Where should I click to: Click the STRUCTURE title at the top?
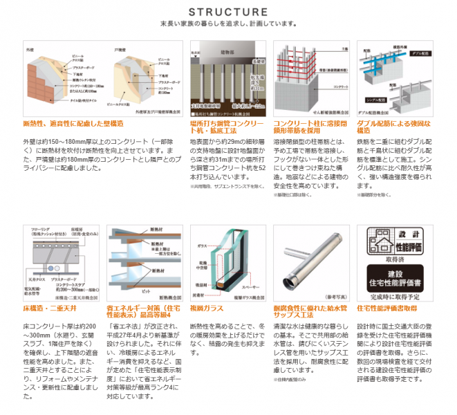228,12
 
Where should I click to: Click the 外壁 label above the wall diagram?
29,50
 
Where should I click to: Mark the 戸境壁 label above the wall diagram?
119,50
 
